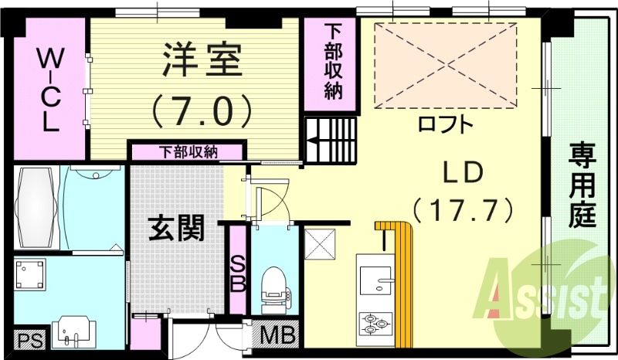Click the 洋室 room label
click(x=202, y=61)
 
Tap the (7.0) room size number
click(x=202, y=110)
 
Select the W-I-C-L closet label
click(x=49, y=89)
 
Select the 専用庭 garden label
click(x=583, y=185)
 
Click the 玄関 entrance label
click(x=176, y=228)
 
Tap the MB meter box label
click(x=277, y=335)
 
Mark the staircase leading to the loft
click(x=331, y=139)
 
